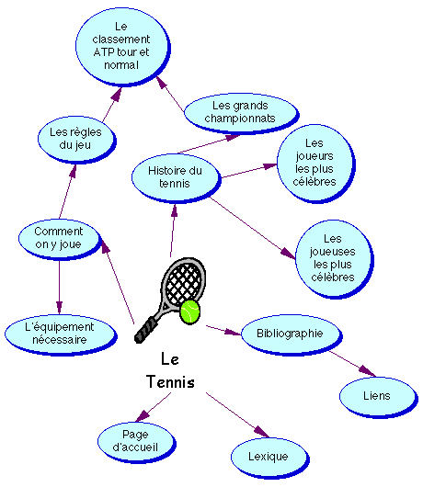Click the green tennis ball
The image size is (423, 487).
click(x=190, y=311)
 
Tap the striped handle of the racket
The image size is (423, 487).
click(x=145, y=330)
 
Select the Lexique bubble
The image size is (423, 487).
click(x=269, y=458)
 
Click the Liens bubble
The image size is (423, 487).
click(x=378, y=397)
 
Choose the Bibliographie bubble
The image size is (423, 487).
click(x=292, y=334)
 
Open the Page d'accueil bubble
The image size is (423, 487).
click(x=137, y=442)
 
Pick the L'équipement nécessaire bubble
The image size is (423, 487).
click(x=61, y=334)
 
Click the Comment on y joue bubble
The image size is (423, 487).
click(x=60, y=239)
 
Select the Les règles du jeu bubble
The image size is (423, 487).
click(x=76, y=140)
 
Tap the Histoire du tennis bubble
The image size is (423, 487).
click(x=177, y=178)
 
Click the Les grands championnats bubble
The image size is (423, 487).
click(x=242, y=113)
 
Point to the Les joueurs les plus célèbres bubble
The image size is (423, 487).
click(x=316, y=164)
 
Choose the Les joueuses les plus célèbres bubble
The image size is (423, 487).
click(x=335, y=259)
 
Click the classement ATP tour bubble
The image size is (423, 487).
click(x=123, y=47)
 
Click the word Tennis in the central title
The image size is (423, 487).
click(x=170, y=381)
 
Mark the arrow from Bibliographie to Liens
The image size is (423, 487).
click(x=352, y=364)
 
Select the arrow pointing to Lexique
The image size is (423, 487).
click(x=237, y=415)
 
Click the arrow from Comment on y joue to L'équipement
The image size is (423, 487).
click(x=60, y=288)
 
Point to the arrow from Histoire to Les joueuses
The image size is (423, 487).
click(x=253, y=228)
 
